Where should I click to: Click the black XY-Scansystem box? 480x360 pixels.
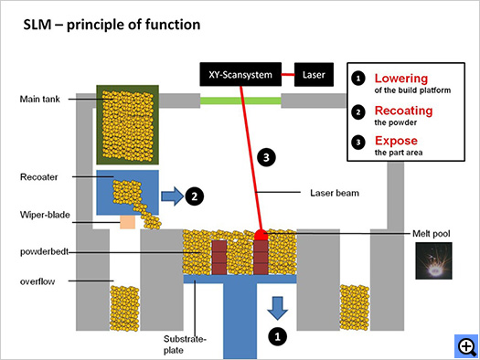[240, 74]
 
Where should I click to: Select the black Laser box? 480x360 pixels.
[314, 75]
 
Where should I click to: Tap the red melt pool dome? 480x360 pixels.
[261, 235]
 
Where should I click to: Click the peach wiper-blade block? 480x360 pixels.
[127, 222]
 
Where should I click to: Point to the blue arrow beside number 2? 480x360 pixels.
[172, 196]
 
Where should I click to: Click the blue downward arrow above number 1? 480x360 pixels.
[278, 308]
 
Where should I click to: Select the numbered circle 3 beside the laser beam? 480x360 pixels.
[266, 157]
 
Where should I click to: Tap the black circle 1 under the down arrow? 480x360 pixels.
[277, 337]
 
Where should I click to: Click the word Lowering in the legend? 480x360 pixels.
[401, 79]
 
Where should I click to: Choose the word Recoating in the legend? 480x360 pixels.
[404, 111]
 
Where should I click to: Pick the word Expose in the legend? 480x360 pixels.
[397, 141]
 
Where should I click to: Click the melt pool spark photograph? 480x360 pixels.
[433, 260]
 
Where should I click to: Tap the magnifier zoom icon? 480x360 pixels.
[466, 346]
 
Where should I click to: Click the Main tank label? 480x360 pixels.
[40, 99]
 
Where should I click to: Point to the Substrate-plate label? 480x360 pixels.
[185, 344]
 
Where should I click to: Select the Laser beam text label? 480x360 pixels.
[335, 193]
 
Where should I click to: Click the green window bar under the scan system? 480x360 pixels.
[240, 101]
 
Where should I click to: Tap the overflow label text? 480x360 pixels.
[37, 281]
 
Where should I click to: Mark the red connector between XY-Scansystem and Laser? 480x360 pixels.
[288, 74]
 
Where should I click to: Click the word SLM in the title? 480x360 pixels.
[37, 25]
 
